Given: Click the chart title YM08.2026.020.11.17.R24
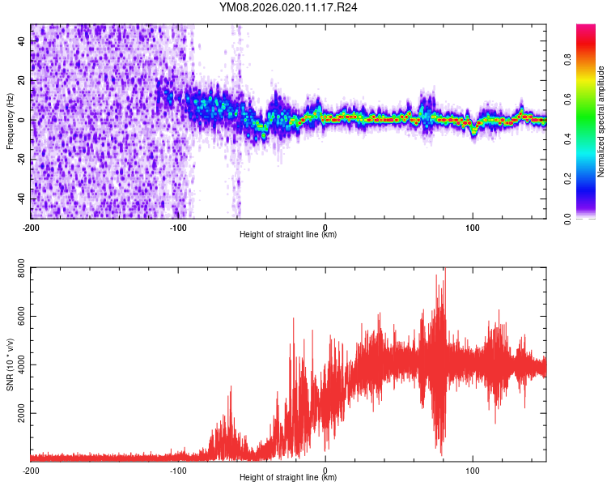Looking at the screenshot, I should pyautogui.click(x=289, y=7).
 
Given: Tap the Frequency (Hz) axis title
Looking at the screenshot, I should pyautogui.click(x=11, y=122).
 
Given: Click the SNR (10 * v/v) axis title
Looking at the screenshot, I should pyautogui.click(x=11, y=364).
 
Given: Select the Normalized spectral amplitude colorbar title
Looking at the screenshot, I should pyautogui.click(x=601, y=122).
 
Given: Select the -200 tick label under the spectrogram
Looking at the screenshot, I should pyautogui.click(x=31, y=227).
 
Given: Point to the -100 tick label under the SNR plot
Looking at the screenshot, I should pyautogui.click(x=178, y=470).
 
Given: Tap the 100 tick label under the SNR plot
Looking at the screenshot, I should pyautogui.click(x=473, y=470).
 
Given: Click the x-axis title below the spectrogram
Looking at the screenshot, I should pyautogui.click(x=288, y=235).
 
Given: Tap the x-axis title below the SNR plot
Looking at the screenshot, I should pyautogui.click(x=288, y=478).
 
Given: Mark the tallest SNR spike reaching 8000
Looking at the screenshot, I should pyautogui.click(x=444, y=271).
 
